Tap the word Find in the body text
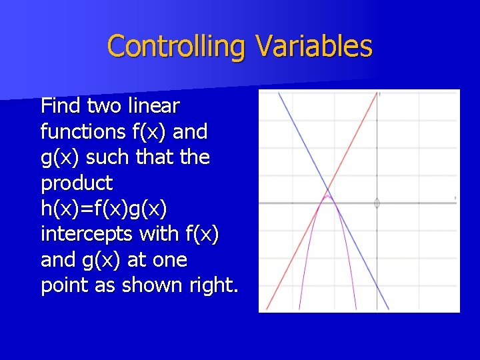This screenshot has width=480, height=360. (x=59, y=105)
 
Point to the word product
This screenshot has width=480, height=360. (x=77, y=183)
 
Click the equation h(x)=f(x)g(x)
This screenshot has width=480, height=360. (x=104, y=208)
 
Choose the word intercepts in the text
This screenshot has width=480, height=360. (x=85, y=234)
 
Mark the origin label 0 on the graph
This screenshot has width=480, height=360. (x=377, y=203)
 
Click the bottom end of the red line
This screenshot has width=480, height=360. (x=267, y=309)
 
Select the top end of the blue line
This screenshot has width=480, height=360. (x=279, y=93)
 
